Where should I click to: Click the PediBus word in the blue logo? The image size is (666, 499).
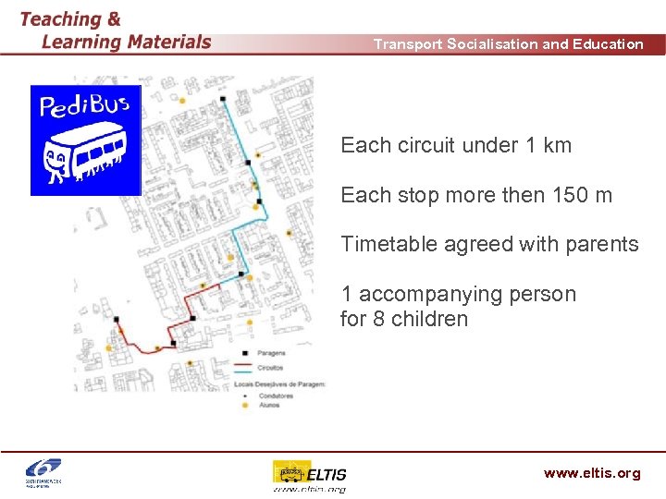(83, 106)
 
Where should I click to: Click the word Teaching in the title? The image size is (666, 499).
(61, 18)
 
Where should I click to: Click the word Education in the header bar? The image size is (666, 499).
(608, 43)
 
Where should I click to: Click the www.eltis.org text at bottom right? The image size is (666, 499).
(592, 473)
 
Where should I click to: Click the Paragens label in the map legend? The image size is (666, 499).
(272, 353)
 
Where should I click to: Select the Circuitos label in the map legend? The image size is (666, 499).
(271, 367)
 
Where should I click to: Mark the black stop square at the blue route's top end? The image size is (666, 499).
(223, 98)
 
